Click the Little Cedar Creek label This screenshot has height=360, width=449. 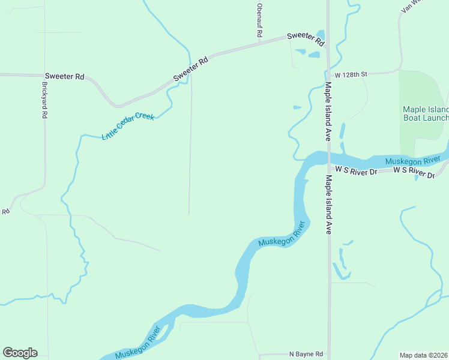click(128, 125)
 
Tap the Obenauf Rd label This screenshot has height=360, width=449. click(259, 21)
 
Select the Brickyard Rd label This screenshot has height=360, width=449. click(44, 100)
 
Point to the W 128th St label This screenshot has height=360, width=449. click(351, 74)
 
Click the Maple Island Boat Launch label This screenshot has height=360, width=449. click(426, 113)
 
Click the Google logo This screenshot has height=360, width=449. click(20, 352)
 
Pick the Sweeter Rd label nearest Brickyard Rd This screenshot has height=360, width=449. click(64, 77)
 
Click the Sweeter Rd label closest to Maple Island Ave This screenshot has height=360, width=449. click(306, 39)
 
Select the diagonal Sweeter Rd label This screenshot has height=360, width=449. click(190, 69)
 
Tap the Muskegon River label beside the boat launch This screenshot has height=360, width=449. click(412, 161)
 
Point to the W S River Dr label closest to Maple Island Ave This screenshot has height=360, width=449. click(356, 171)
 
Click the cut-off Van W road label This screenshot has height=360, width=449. click(414, 7)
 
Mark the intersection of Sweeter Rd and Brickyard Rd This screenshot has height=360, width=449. click(44, 76)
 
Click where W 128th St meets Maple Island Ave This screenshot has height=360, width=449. click(328, 73)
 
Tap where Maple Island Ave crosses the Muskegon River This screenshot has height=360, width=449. click(328, 159)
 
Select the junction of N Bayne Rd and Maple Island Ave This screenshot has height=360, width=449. click(328, 354)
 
